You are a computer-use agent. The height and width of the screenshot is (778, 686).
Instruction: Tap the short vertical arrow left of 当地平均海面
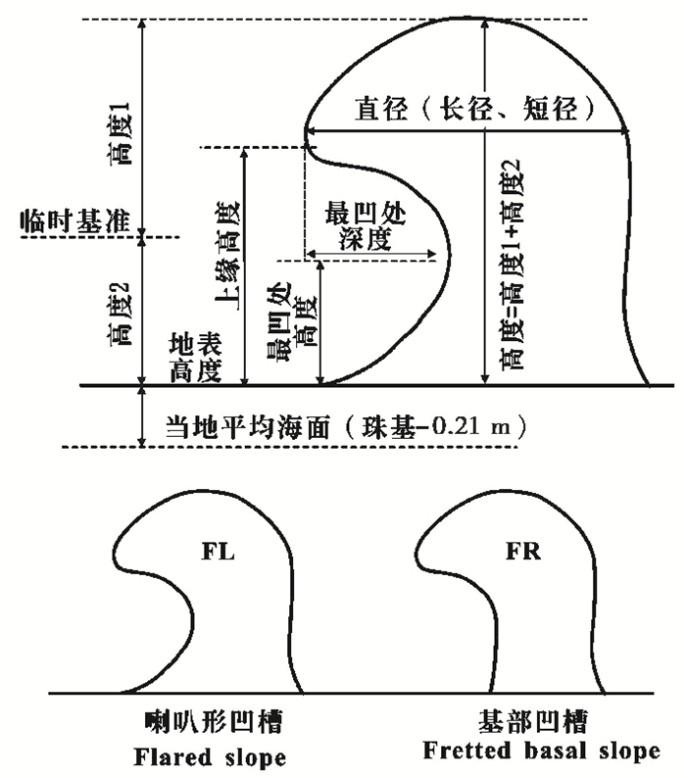pyautogui.click(x=144, y=416)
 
